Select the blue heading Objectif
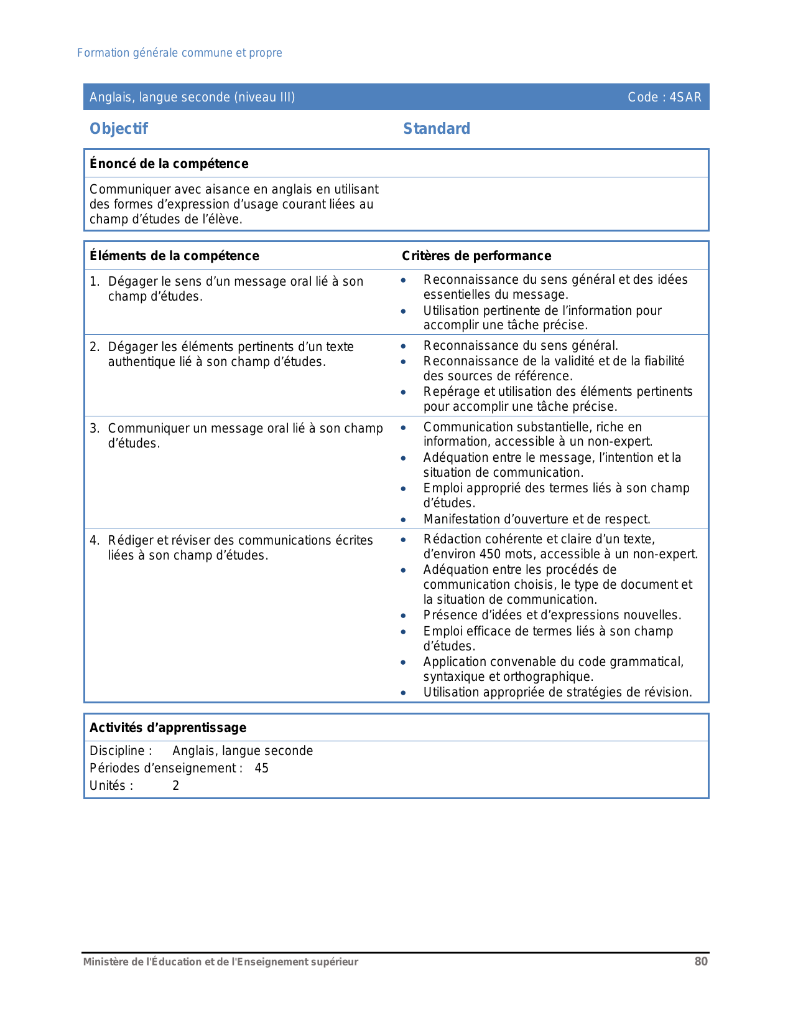click(x=119, y=129)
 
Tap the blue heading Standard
click(x=437, y=129)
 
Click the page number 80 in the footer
click(x=701, y=962)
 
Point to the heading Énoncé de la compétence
click(x=169, y=164)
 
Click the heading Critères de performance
click(x=476, y=256)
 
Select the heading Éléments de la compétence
click(x=174, y=256)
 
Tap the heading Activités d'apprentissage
click(x=168, y=728)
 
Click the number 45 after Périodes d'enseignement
click(x=262, y=768)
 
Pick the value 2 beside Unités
click(x=176, y=785)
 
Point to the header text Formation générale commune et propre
click(x=180, y=53)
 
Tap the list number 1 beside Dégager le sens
click(x=93, y=281)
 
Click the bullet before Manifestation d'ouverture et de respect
click(x=404, y=520)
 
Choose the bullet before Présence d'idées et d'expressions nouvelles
click(x=404, y=616)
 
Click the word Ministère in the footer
click(x=106, y=962)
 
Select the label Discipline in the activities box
click(x=118, y=751)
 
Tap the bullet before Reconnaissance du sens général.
click(x=404, y=346)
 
